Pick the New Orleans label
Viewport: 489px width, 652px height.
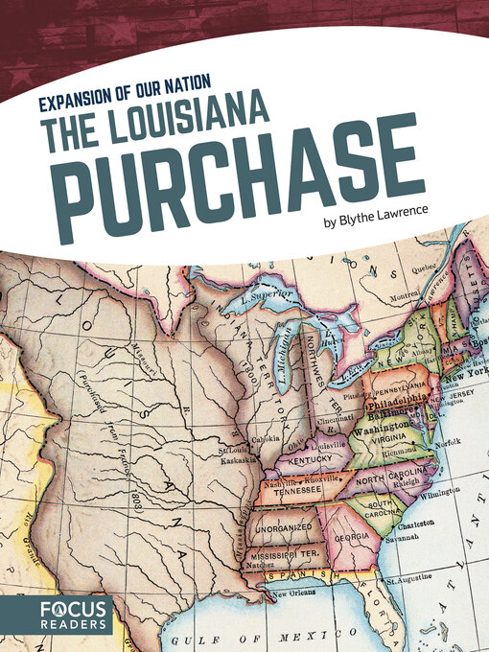click(298, 597)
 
